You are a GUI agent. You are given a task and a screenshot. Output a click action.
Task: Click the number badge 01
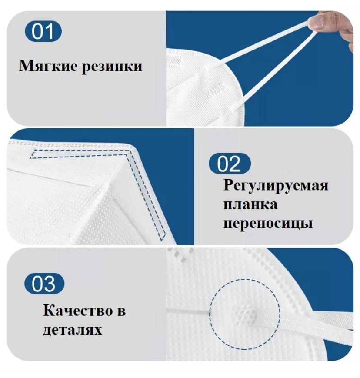pyautogui.click(x=43, y=31)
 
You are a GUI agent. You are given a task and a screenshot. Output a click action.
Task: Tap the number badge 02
pyautogui.click(x=230, y=164)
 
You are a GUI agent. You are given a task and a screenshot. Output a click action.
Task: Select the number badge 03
pyautogui.click(x=44, y=283)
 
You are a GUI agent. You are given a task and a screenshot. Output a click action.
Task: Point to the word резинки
pyautogui.click(x=112, y=67)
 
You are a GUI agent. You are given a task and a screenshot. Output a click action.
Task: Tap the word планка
pyautogui.click(x=250, y=205)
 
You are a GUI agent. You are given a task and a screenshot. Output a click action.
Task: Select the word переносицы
pyautogui.click(x=268, y=224)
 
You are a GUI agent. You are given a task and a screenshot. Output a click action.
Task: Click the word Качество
pyautogui.click(x=78, y=311)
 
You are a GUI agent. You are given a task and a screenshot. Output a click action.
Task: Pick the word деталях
pyautogui.click(x=72, y=329)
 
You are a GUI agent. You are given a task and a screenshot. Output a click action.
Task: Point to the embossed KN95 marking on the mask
pyautogui.click(x=216, y=90)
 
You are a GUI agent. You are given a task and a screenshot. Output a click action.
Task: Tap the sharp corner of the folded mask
pyautogui.click(x=132, y=146)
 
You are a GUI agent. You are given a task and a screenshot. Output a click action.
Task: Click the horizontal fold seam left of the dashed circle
pyautogui.click(x=188, y=311)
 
